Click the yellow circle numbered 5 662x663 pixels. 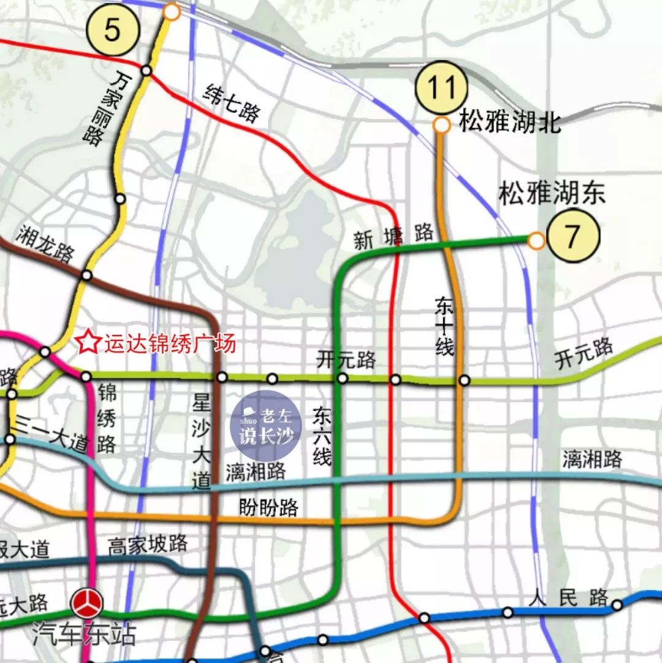pos(112,29)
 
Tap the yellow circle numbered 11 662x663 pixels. pos(441,88)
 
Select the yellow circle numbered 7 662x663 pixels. pos(572,236)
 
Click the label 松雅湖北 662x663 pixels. pos(510,121)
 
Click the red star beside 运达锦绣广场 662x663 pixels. pos(88,342)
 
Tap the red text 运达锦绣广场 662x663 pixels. pos(169,343)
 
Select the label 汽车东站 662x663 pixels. pos(84,634)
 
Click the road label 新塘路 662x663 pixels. pos(393,236)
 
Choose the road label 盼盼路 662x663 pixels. pos(268,508)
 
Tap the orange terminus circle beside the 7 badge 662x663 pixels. pos(536,240)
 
